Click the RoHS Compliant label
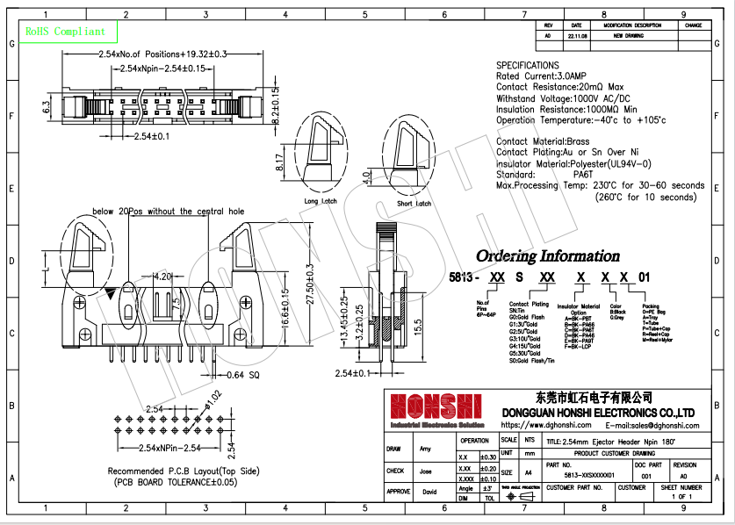(65, 32)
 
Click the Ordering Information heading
(547, 256)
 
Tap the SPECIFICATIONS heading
(527, 66)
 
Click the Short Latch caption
(414, 204)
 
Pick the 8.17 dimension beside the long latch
(280, 162)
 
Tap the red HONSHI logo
(436, 406)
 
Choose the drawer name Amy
(426, 449)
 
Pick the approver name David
(429, 492)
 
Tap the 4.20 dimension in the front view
(162, 277)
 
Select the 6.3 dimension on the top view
(46, 107)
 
